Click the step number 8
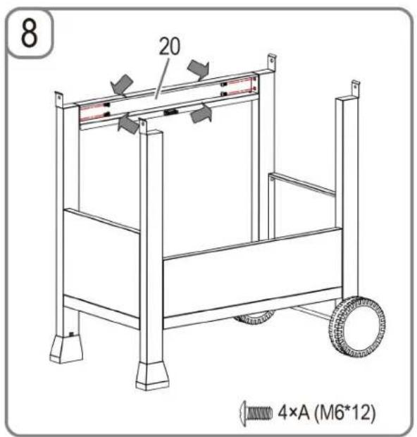(29, 33)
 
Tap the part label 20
(169, 47)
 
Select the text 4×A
(293, 412)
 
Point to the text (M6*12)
(344, 412)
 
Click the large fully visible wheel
(357, 327)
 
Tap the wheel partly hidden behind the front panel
(254, 319)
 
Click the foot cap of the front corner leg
(152, 376)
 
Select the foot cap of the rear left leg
(66, 349)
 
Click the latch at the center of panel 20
(170, 112)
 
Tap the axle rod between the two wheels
(310, 312)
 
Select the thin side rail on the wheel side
(301, 184)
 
